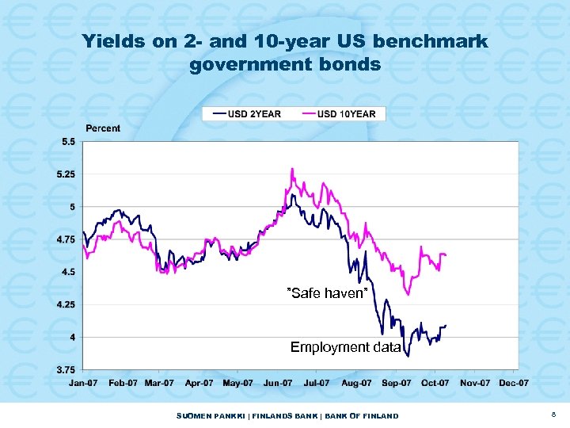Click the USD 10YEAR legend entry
point(339,113)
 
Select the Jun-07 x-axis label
point(277,383)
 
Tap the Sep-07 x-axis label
point(395,383)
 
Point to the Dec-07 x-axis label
point(513,383)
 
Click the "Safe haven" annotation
point(327,294)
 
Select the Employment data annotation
point(345,347)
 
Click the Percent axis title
point(103,128)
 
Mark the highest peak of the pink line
point(292,169)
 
